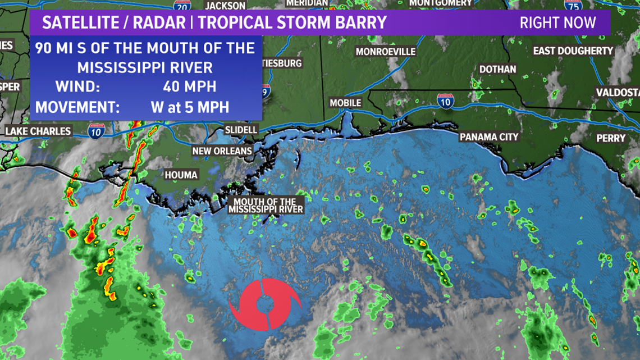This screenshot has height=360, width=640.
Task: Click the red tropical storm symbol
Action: point(265,304)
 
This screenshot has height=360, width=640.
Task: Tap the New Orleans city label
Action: point(222,151)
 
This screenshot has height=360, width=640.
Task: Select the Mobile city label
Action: point(345,103)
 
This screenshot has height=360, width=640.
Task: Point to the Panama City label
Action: point(489,137)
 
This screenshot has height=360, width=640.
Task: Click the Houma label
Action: point(181,175)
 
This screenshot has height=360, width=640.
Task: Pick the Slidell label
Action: point(241,130)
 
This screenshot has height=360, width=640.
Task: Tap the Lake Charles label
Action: point(38,131)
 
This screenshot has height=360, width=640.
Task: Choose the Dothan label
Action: point(497,69)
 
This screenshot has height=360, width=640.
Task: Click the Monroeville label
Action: point(386,52)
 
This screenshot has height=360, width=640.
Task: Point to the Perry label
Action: point(611,138)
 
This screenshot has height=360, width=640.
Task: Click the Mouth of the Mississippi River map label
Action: point(265,206)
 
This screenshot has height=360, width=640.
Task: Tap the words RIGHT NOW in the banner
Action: point(557,23)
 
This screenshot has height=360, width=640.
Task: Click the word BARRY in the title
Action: point(362,23)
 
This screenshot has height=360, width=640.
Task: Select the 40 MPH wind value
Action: point(189,87)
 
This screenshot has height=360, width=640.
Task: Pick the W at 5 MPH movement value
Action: point(190,107)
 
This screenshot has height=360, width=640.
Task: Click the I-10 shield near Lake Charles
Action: point(95,131)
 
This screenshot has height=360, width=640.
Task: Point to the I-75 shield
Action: point(572,5)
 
